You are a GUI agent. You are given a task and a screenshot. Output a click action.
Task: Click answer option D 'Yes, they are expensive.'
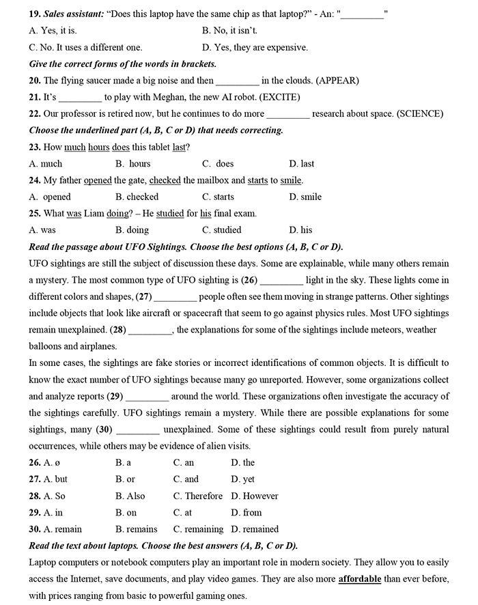point(255,48)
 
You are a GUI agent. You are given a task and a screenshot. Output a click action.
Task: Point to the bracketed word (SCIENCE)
point(421,113)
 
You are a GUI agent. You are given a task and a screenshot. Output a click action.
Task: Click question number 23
point(35,147)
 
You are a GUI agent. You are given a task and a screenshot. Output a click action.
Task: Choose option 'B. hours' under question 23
point(132,164)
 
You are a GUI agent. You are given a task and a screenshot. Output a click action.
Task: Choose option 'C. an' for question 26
point(184,463)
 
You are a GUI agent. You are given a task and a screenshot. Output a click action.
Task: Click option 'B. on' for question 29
point(126,513)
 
